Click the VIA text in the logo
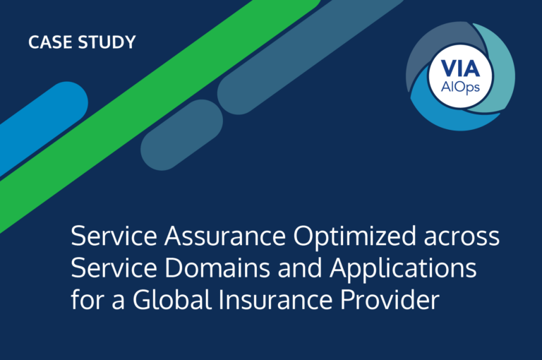(x=459, y=69)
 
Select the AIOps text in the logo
(x=459, y=87)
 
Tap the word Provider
(x=390, y=300)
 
